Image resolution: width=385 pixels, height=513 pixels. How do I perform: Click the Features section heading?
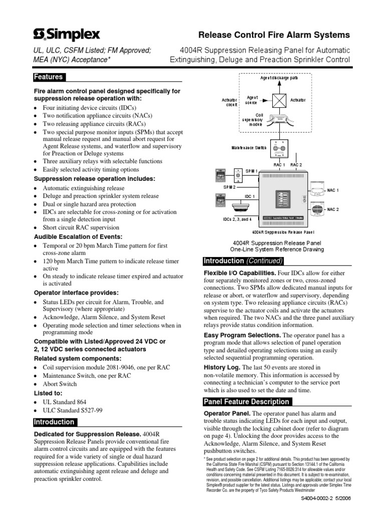pyautogui.click(x=48, y=77)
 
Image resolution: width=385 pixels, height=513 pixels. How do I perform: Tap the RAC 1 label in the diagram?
pyautogui.click(x=280, y=165)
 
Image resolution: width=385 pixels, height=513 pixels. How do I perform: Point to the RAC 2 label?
pyautogui.click(x=296, y=165)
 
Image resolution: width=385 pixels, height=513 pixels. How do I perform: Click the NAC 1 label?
pyautogui.click(x=333, y=191)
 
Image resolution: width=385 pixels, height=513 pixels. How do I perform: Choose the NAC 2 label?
pyautogui.click(x=333, y=209)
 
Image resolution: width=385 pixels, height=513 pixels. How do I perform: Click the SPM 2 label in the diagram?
pyautogui.click(x=230, y=186)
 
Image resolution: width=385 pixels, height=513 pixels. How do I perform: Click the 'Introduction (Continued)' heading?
pyautogui.click(x=243, y=261)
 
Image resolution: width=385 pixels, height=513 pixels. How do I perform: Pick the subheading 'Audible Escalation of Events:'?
pyautogui.click(x=77, y=236)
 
